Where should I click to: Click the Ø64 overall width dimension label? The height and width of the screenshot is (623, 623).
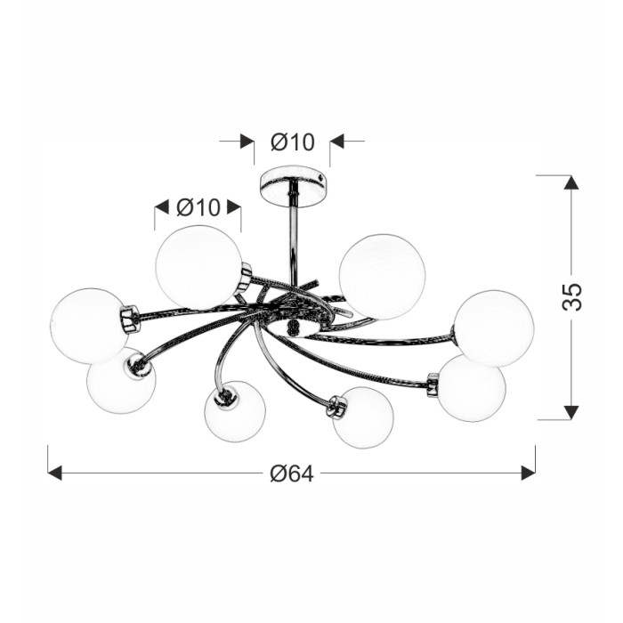pos(292,473)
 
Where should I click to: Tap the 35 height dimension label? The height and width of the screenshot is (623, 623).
pos(572,296)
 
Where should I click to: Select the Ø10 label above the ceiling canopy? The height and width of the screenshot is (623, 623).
pos(293,142)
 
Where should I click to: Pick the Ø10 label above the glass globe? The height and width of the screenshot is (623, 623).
pos(198,207)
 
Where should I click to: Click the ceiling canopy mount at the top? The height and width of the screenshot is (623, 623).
pos(295,187)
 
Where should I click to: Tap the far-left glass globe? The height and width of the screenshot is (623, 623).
pos(89,326)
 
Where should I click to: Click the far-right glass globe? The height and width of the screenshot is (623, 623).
pos(494,328)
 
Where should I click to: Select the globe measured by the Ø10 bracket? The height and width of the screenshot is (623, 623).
pos(198,267)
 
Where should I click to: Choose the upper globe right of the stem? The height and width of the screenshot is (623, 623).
pos(382,277)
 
